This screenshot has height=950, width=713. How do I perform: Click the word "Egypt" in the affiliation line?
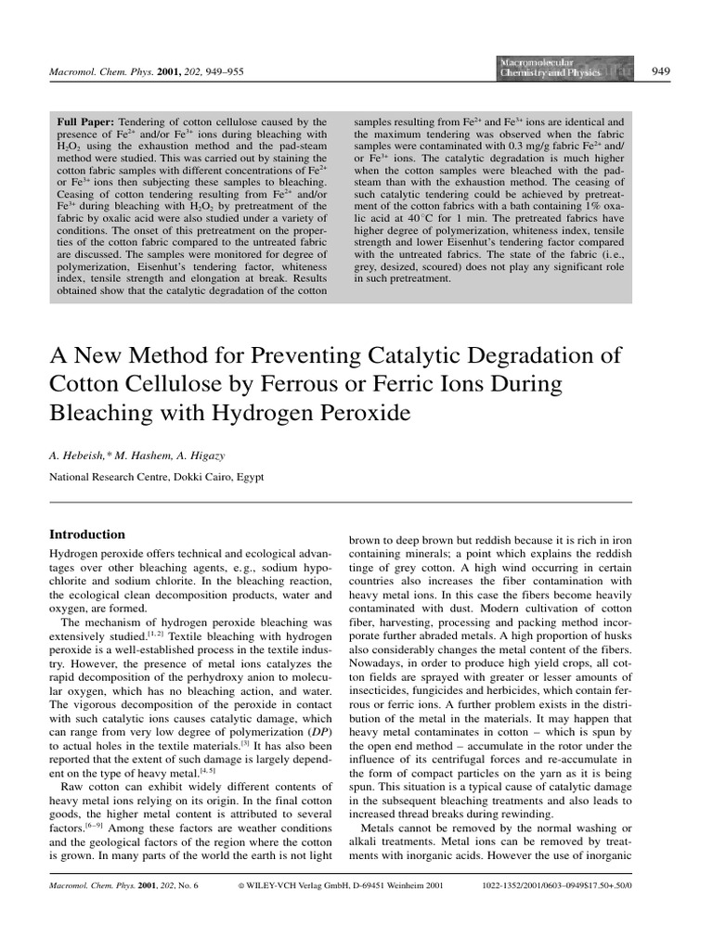tap(248, 476)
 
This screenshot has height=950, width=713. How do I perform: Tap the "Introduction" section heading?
tap(86, 534)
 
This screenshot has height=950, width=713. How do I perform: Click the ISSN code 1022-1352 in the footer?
tap(510, 912)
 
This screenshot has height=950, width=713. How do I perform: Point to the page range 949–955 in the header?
tap(222, 71)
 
